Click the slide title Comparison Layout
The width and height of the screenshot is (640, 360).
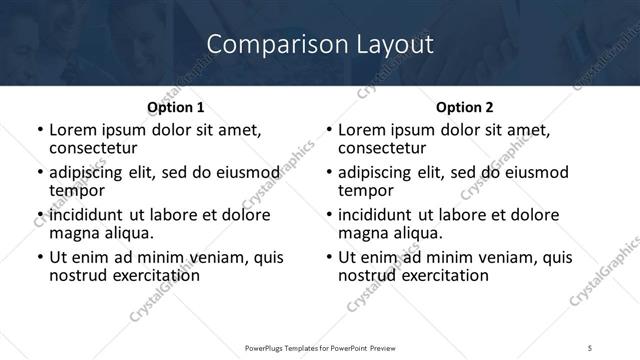320,45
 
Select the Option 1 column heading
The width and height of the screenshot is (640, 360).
175,107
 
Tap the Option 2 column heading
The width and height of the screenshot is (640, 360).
465,107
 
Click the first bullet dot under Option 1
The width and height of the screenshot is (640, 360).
39,131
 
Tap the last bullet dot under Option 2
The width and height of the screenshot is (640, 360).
329,258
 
